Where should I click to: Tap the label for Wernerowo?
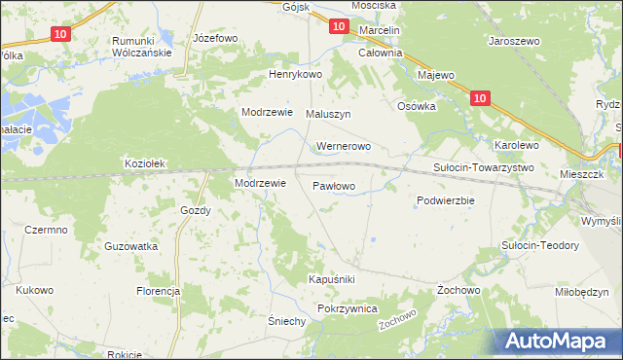click(343, 147)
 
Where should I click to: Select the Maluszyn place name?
click(328, 114)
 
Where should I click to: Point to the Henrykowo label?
click(295, 75)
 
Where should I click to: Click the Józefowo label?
click(215, 39)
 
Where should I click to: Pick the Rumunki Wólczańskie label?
click(142, 47)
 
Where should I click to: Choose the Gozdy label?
click(196, 210)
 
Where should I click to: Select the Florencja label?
click(159, 291)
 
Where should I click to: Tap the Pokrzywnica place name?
click(347, 308)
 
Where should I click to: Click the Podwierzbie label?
click(445, 200)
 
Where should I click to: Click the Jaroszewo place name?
click(514, 43)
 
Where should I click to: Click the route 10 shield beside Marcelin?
click(337, 27)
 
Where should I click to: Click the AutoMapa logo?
click(560, 341)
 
